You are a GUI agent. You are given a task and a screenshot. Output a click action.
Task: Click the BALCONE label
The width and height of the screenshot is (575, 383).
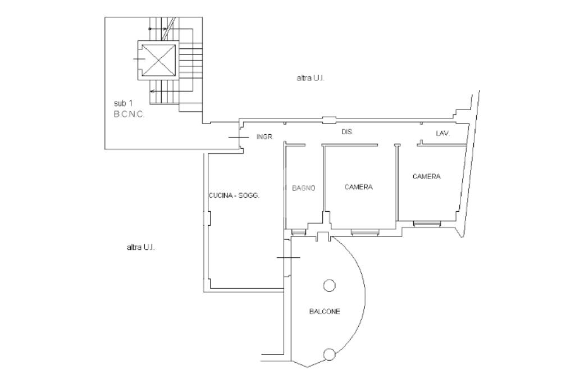pyautogui.click(x=325, y=312)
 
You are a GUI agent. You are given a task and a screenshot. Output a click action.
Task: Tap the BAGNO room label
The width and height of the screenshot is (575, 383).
pyautogui.click(x=303, y=188)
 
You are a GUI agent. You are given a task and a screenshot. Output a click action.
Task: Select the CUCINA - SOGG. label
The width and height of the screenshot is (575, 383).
pyautogui.click(x=234, y=195)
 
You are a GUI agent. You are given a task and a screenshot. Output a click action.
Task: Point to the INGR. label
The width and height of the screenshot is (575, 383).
pyautogui.click(x=265, y=137)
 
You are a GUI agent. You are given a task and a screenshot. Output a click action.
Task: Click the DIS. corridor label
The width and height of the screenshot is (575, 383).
pyautogui.click(x=347, y=132)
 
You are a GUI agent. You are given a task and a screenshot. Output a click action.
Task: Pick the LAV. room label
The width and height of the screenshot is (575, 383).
pyautogui.click(x=442, y=134)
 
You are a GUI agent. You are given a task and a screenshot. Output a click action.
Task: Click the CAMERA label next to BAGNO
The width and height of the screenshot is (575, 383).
pyautogui.click(x=358, y=187)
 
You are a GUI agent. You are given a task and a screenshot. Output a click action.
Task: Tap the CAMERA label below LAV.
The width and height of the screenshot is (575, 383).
pyautogui.click(x=427, y=176)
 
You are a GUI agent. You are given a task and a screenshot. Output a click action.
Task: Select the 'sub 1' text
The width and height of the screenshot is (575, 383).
pyautogui.click(x=123, y=103)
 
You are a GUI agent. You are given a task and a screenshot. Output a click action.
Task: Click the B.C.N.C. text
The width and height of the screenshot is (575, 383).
pyautogui.click(x=129, y=115)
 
